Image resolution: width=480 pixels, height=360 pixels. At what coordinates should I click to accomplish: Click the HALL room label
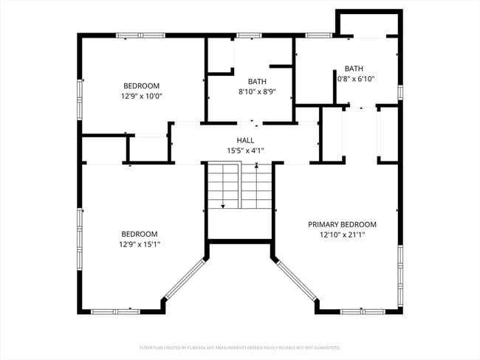245,140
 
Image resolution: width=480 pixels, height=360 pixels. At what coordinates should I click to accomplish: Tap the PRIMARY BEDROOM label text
342,225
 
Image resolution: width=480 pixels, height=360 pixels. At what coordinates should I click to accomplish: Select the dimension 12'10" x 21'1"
342,235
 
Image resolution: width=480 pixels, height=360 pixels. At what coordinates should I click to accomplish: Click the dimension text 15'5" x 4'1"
245,150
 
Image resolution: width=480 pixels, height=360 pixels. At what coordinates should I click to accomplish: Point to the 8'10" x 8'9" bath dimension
257,92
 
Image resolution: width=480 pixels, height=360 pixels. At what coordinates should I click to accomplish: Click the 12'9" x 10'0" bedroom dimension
141,96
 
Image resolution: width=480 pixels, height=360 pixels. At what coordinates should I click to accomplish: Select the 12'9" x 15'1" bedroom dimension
140,244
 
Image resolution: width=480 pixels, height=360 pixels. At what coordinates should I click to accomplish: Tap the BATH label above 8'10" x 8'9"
257,82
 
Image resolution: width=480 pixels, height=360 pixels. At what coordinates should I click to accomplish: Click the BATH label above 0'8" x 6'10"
354,68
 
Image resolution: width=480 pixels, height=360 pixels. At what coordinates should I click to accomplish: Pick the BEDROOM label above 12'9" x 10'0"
141,86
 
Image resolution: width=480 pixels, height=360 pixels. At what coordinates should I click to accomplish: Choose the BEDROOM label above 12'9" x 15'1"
140,234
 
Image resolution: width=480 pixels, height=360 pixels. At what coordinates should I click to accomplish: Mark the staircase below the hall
239,187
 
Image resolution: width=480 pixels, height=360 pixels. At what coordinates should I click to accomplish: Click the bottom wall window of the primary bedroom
362,311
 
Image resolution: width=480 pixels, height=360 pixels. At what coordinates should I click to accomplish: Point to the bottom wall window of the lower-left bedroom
115,311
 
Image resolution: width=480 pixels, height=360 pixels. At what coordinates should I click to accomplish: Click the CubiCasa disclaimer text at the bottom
239,347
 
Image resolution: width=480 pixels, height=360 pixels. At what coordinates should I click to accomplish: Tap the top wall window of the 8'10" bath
249,35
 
